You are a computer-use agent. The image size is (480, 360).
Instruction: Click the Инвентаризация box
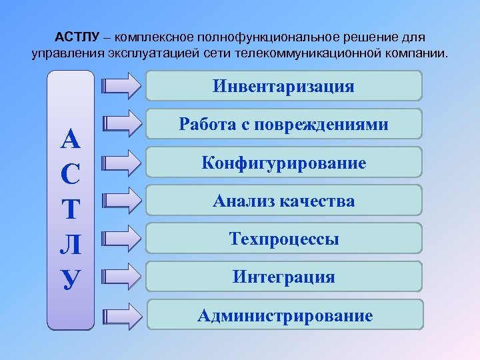284,87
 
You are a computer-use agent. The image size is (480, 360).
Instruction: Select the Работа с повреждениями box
284,125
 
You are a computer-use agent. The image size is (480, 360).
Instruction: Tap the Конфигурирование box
284,163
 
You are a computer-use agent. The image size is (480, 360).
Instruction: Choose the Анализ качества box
284,201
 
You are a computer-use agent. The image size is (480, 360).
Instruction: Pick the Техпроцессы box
284,239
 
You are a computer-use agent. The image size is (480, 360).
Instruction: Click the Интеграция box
284,277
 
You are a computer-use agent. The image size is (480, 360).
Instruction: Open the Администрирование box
285,315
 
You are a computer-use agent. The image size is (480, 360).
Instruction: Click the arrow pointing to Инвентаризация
123,86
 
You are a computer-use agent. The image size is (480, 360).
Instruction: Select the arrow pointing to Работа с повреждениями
123,124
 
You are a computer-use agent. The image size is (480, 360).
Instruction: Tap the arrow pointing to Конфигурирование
123,162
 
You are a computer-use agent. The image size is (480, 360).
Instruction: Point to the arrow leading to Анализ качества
123,199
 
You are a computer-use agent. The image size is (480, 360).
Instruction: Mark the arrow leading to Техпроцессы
123,237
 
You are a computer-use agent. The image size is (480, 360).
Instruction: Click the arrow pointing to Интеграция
123,275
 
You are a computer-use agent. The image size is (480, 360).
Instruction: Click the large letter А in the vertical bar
71,139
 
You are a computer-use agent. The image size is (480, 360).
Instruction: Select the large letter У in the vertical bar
71,278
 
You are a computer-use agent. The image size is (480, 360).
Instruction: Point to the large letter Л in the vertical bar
71,243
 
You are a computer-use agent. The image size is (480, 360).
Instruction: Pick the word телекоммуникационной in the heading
309,53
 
